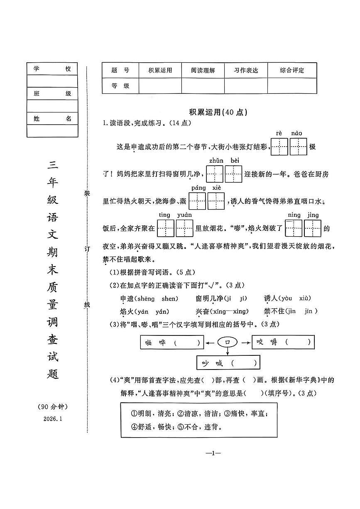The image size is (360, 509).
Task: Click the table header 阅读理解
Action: point(203,71)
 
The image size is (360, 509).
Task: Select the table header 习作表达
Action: point(246,71)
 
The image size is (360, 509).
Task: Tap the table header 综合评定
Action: point(292,71)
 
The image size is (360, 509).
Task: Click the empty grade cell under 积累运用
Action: point(160,86)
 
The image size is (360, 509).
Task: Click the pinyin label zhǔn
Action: point(216,161)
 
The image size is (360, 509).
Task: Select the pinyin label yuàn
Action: point(184,215)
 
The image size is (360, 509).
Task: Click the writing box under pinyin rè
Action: point(279,147)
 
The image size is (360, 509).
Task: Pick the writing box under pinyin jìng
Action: point(313,228)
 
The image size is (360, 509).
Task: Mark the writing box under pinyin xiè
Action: point(216,201)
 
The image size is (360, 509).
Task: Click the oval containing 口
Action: point(228,342)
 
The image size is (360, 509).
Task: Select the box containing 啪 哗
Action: point(172,343)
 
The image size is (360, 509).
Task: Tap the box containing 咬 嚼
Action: point(283,342)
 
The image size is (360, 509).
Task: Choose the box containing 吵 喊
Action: point(228,363)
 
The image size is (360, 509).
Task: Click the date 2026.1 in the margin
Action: point(52,418)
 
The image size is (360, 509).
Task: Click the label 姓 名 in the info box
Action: point(52,119)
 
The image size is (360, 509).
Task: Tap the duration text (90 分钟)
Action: point(52,406)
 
